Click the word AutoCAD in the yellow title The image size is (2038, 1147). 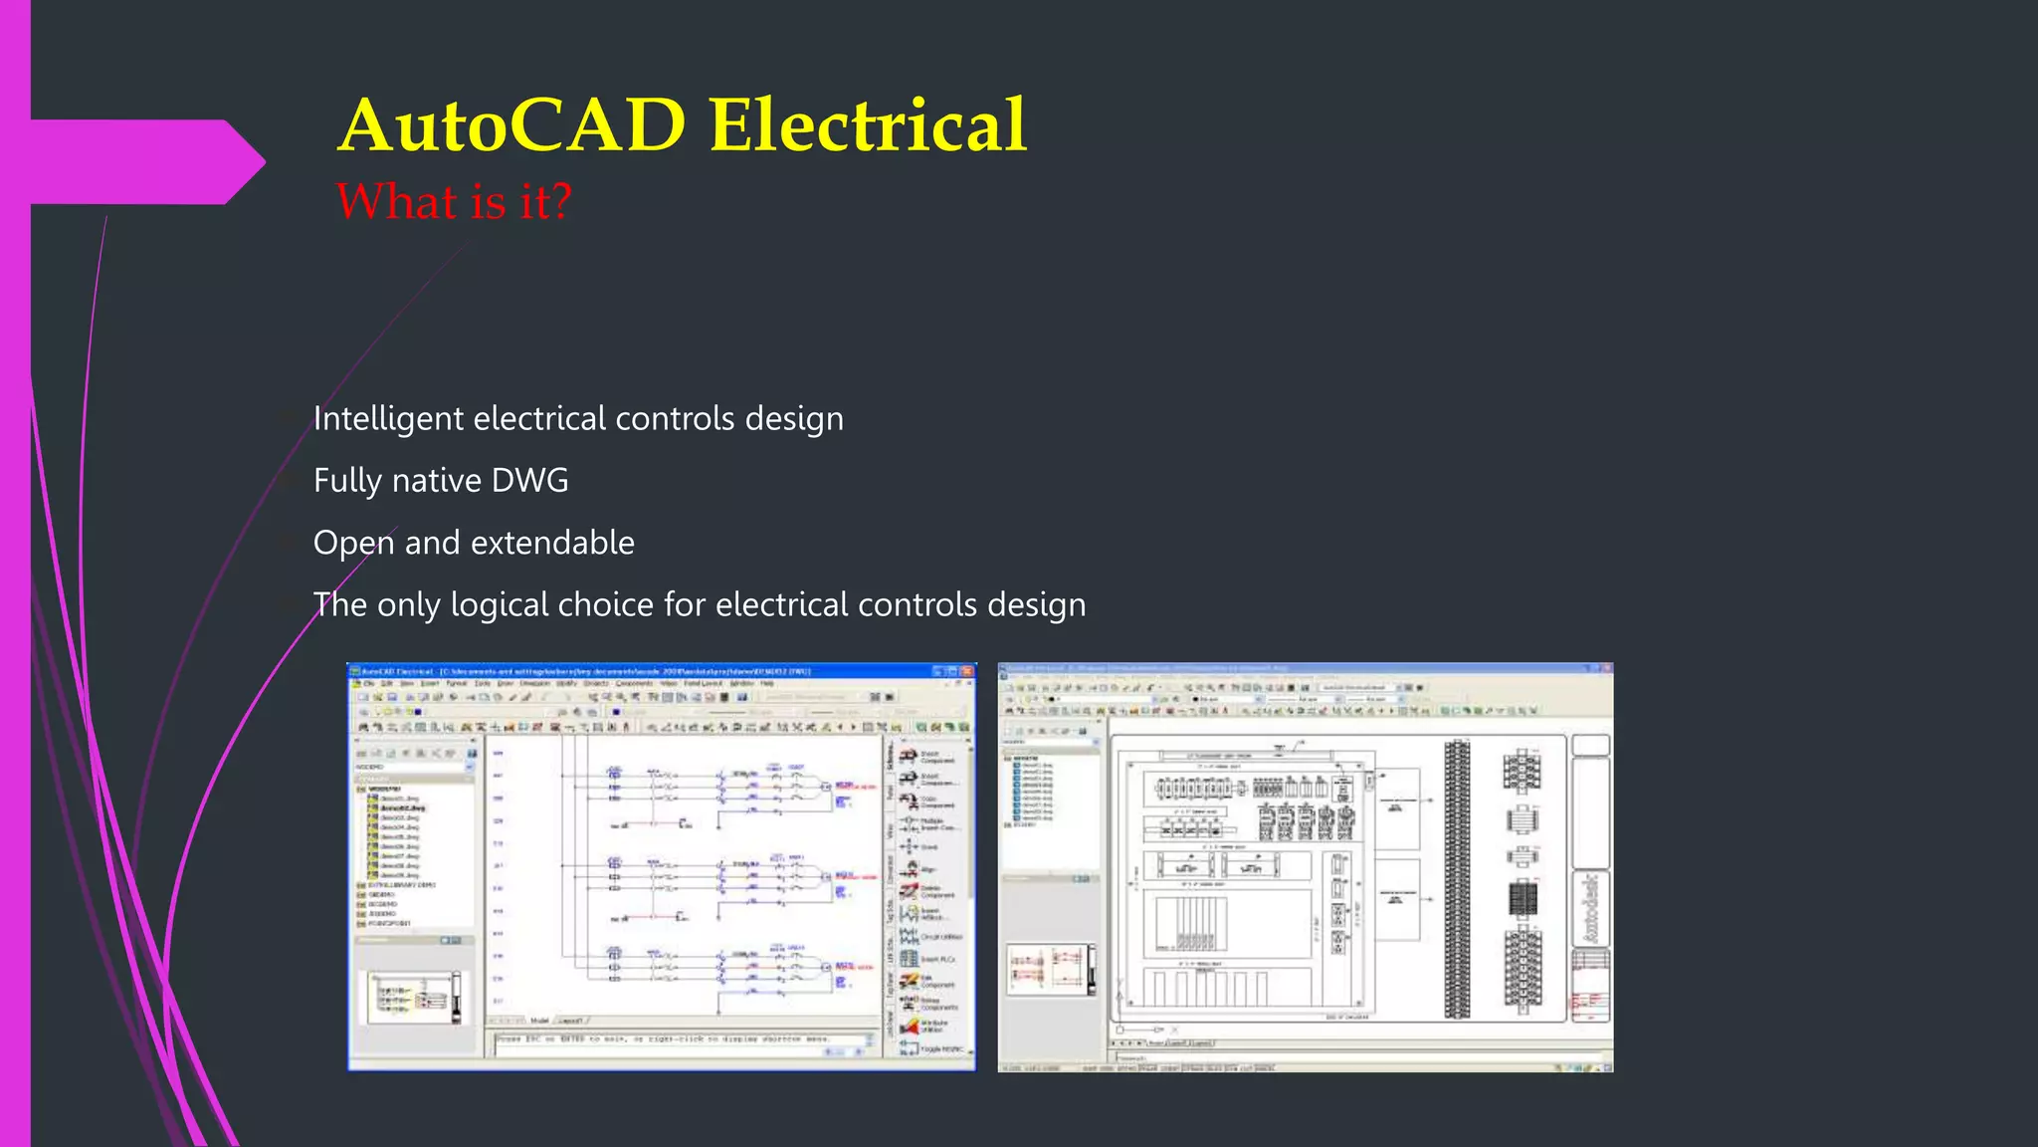pyautogui.click(x=512, y=126)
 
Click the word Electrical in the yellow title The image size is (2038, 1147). pyautogui.click(x=867, y=126)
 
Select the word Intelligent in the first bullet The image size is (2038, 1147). pyautogui.click(x=388, y=419)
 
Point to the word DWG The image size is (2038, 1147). pyautogui.click(x=529, y=481)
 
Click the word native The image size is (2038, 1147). pyautogui.click(x=437, y=481)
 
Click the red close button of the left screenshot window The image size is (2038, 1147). pyautogui.click(x=966, y=672)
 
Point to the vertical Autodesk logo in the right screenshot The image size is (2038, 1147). pyautogui.click(x=1590, y=909)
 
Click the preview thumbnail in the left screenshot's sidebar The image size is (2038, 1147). pyautogui.click(x=414, y=996)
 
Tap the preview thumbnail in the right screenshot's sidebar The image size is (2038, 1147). pyautogui.click(x=1050, y=970)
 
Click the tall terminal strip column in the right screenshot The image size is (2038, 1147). pyautogui.click(x=1457, y=879)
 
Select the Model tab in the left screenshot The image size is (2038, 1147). pyautogui.click(x=539, y=1021)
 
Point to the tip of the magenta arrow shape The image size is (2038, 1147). pyautogui.click(x=264, y=162)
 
